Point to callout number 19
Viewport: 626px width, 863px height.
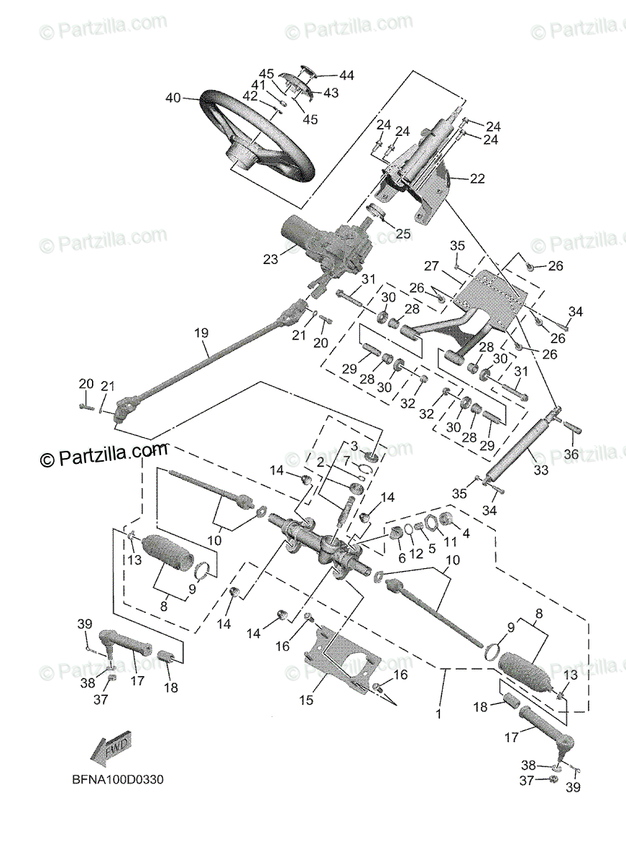pos(201,333)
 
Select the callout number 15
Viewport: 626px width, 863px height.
pos(307,699)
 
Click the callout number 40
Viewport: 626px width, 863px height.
pos(173,99)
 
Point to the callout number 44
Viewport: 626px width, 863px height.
pos(347,75)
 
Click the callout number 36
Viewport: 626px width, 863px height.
pos(571,454)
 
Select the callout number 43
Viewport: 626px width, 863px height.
pos(331,93)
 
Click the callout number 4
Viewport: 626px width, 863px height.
pos(466,534)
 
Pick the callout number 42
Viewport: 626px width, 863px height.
pos(249,96)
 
